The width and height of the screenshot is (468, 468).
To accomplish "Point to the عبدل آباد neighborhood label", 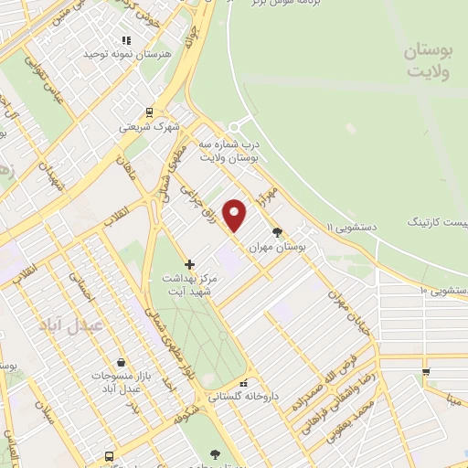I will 71,324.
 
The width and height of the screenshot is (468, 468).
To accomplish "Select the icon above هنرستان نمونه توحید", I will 126,41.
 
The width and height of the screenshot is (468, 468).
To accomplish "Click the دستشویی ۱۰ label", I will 443,290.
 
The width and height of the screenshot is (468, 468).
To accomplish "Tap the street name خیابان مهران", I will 352,312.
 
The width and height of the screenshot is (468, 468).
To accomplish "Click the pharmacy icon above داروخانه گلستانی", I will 243,383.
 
